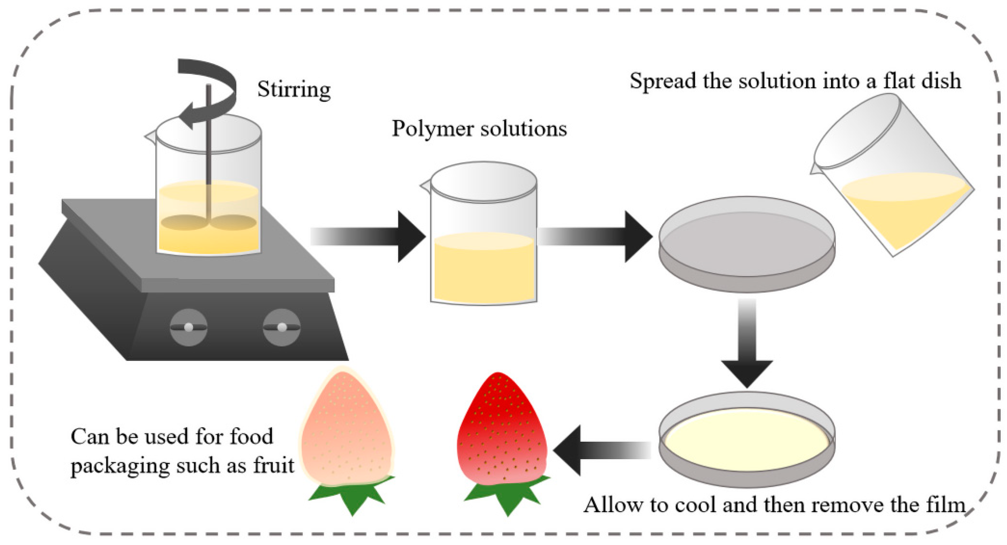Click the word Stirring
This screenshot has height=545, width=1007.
[x=294, y=90]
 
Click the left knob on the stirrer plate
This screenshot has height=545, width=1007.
[x=188, y=327]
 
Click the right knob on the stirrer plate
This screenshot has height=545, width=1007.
[x=282, y=327]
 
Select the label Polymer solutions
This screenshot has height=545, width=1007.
[x=479, y=129]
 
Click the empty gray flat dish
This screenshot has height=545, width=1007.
[x=747, y=244]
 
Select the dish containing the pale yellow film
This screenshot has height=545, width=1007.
[x=747, y=440]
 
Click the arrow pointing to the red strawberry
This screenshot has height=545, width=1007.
[x=598, y=450]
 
